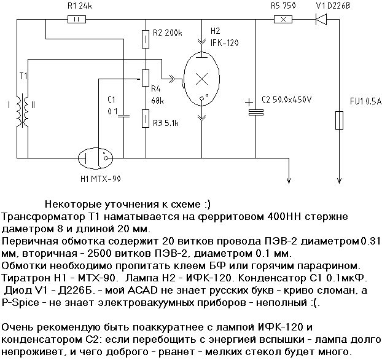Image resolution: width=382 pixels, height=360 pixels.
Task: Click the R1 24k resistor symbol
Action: [76, 19]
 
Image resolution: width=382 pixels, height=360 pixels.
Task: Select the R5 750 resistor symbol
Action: [283, 19]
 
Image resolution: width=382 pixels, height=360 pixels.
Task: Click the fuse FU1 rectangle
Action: [338, 120]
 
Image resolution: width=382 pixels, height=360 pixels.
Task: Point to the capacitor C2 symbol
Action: [255, 112]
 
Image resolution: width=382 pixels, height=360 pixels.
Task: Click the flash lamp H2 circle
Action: [202, 79]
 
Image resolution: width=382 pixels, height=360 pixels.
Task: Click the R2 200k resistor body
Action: [145, 40]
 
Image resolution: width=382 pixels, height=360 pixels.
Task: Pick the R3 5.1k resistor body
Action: [145, 117]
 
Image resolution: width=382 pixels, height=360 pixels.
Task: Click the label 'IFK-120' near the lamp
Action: [225, 42]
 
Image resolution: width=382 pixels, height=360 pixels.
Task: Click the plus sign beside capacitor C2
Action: [248, 103]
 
